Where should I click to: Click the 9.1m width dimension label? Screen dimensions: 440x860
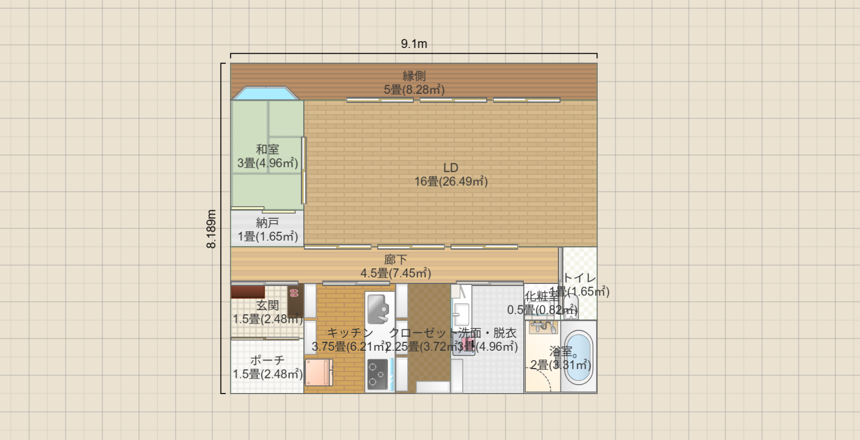(x=414, y=44)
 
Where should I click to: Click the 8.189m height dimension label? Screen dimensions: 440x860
(x=211, y=229)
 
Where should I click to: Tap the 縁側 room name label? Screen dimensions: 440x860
(x=414, y=76)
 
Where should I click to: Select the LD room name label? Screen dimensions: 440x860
(x=451, y=168)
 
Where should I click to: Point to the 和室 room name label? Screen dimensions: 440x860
(x=267, y=149)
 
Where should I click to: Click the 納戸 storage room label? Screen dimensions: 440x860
(x=267, y=223)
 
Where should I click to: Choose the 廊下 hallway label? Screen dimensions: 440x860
(x=396, y=259)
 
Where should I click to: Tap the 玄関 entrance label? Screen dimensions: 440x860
(x=267, y=305)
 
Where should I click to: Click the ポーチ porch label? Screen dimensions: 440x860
(x=267, y=360)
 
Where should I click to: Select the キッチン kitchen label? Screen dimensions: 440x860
(x=350, y=333)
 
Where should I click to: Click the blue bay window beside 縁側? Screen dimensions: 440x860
(x=266, y=93)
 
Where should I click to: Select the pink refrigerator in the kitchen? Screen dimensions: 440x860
(x=318, y=372)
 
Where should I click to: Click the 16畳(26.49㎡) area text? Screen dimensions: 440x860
(x=451, y=182)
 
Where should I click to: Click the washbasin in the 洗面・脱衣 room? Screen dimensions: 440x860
(x=461, y=313)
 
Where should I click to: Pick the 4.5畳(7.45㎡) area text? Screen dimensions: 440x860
(x=396, y=273)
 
